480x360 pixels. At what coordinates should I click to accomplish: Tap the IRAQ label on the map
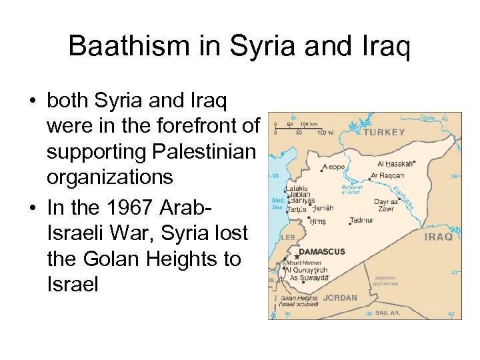(x=438, y=237)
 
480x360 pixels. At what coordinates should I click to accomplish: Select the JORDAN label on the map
(x=340, y=298)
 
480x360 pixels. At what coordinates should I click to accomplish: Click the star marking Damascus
(x=296, y=257)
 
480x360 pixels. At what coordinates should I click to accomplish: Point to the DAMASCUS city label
(x=322, y=252)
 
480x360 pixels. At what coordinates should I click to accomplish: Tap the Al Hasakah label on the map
(x=395, y=163)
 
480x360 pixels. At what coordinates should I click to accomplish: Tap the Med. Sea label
(x=278, y=203)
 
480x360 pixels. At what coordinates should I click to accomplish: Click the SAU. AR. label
(x=387, y=313)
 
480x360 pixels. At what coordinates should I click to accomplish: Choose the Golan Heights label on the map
(x=299, y=298)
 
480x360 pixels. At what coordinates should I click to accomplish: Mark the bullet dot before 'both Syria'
(x=32, y=102)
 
